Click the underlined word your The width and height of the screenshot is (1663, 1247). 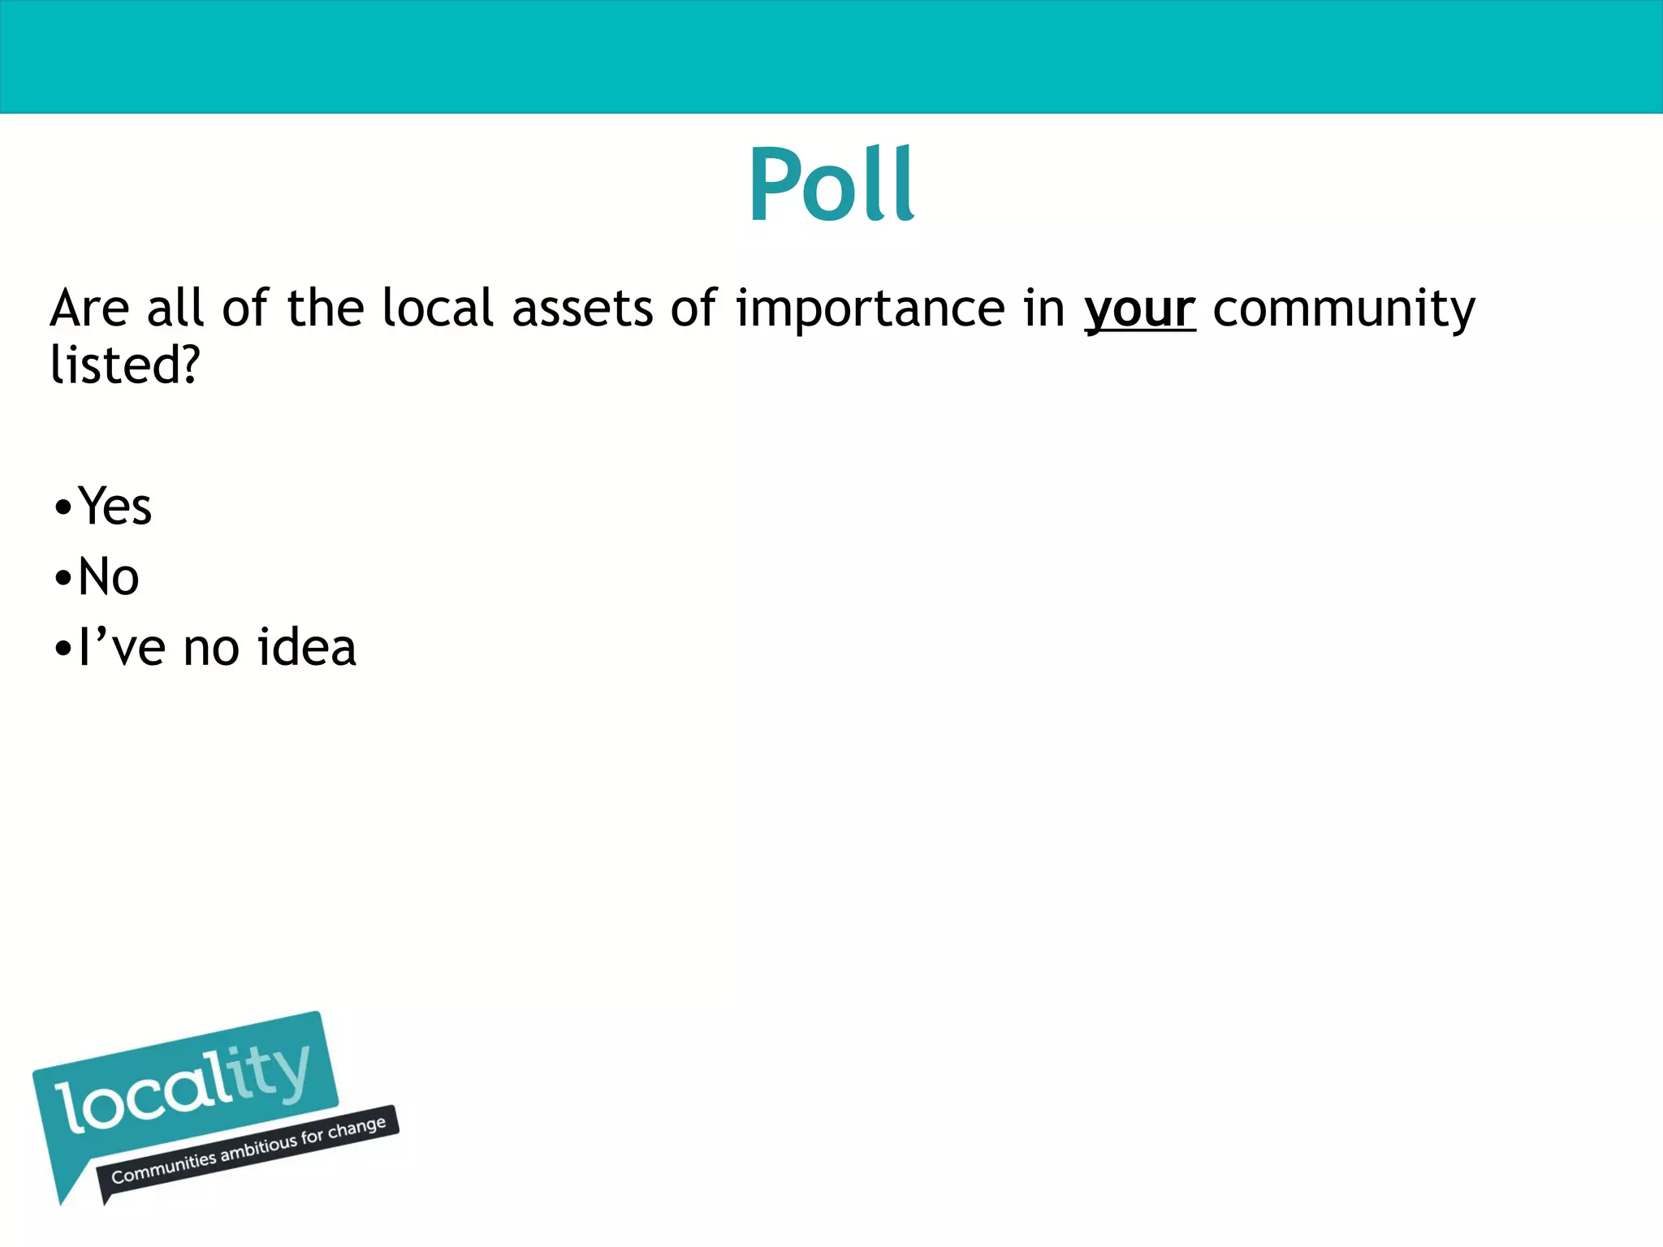tap(1139, 310)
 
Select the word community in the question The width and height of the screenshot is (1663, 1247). tap(1344, 310)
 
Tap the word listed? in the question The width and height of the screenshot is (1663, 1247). tap(124, 365)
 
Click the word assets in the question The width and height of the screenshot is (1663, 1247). tap(582, 310)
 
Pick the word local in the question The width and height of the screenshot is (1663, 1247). tap(438, 309)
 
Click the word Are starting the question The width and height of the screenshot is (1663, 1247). tap(89, 309)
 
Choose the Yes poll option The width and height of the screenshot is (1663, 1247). tap(114, 507)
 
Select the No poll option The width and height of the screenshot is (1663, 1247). tap(108, 577)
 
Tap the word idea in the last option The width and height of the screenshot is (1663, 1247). tap(306, 648)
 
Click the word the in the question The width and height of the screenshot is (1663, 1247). tap(326, 309)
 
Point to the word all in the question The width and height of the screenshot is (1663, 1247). tap(175, 309)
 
